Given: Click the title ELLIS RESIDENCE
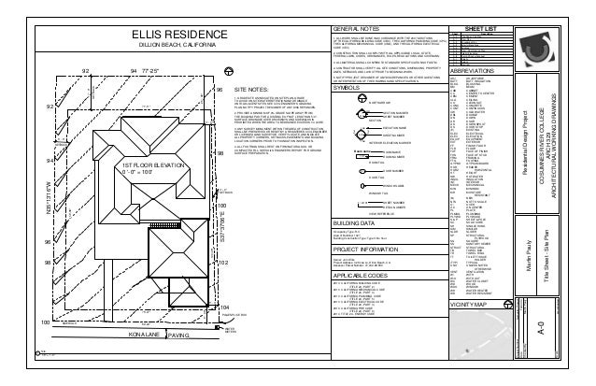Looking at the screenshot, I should [x=177, y=35].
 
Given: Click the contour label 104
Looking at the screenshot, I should [x=223, y=333].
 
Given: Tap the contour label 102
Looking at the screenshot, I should [x=222, y=290].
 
